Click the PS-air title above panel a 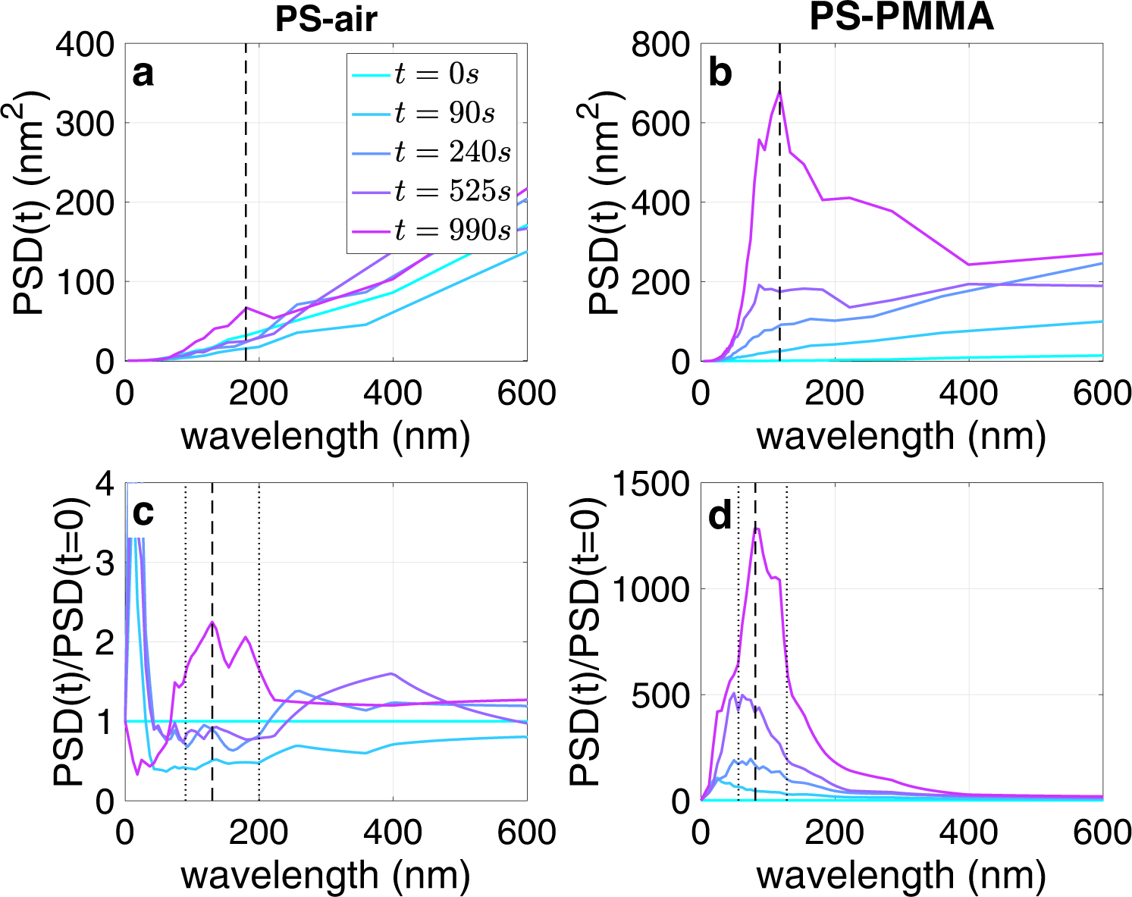(326, 18)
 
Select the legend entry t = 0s (436, 74)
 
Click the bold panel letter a (143, 74)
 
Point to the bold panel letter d (720, 516)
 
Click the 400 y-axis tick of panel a (85, 45)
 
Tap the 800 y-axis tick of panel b (660, 45)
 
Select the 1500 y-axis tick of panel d (650, 485)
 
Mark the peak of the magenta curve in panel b (779, 91)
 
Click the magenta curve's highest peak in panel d (756, 528)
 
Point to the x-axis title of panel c (325, 875)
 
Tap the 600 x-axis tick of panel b (1102, 394)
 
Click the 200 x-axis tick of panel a (259, 394)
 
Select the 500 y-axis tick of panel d (660, 695)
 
